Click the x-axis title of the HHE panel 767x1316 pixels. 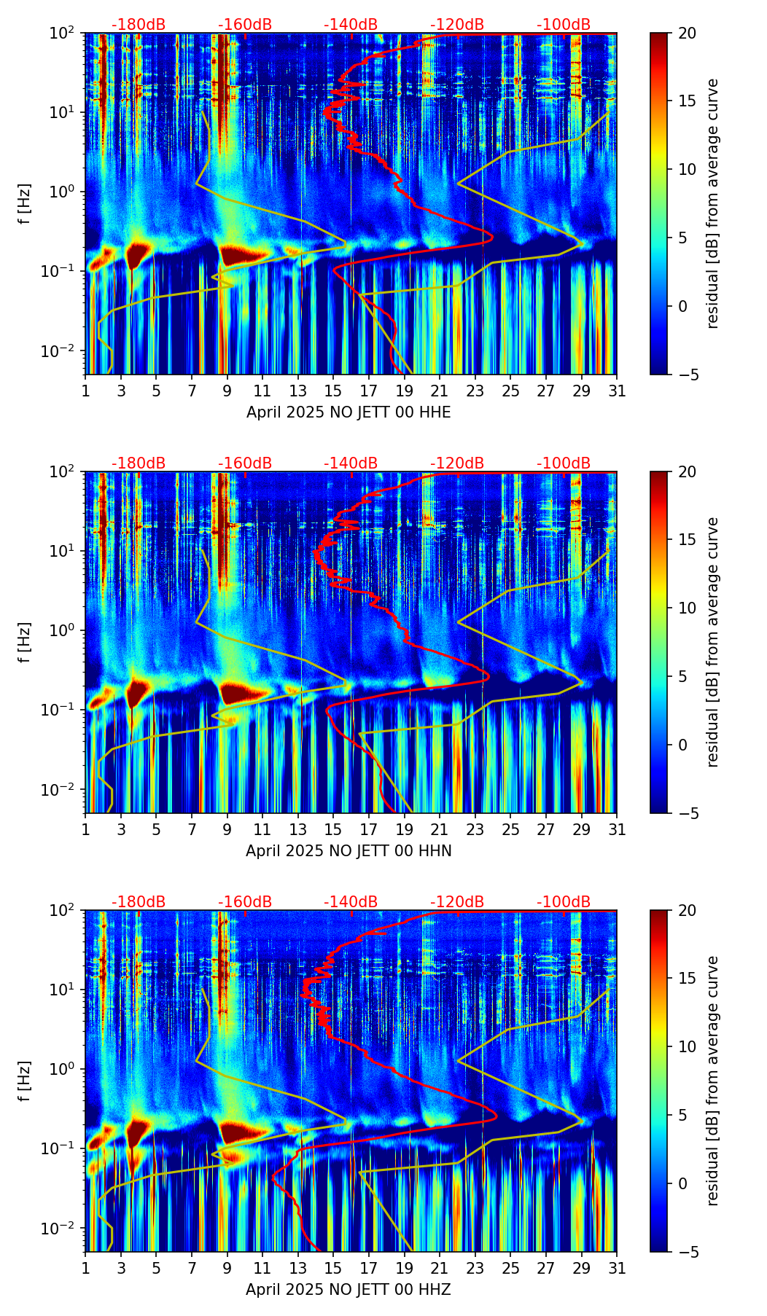(x=349, y=412)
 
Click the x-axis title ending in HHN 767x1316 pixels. (x=349, y=851)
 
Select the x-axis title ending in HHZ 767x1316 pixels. (x=349, y=1290)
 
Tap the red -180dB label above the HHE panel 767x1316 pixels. (x=139, y=25)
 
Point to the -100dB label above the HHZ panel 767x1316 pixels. (x=564, y=902)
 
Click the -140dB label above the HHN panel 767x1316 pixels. (x=351, y=463)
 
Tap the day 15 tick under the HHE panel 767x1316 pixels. (x=333, y=391)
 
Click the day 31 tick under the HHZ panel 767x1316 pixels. (x=617, y=1268)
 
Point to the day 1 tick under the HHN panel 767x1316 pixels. (x=86, y=829)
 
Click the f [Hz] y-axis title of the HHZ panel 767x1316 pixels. (x=25, y=1081)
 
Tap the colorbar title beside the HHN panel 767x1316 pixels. (x=712, y=642)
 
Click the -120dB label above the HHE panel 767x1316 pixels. (x=457, y=25)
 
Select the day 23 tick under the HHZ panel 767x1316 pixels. (x=475, y=1268)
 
